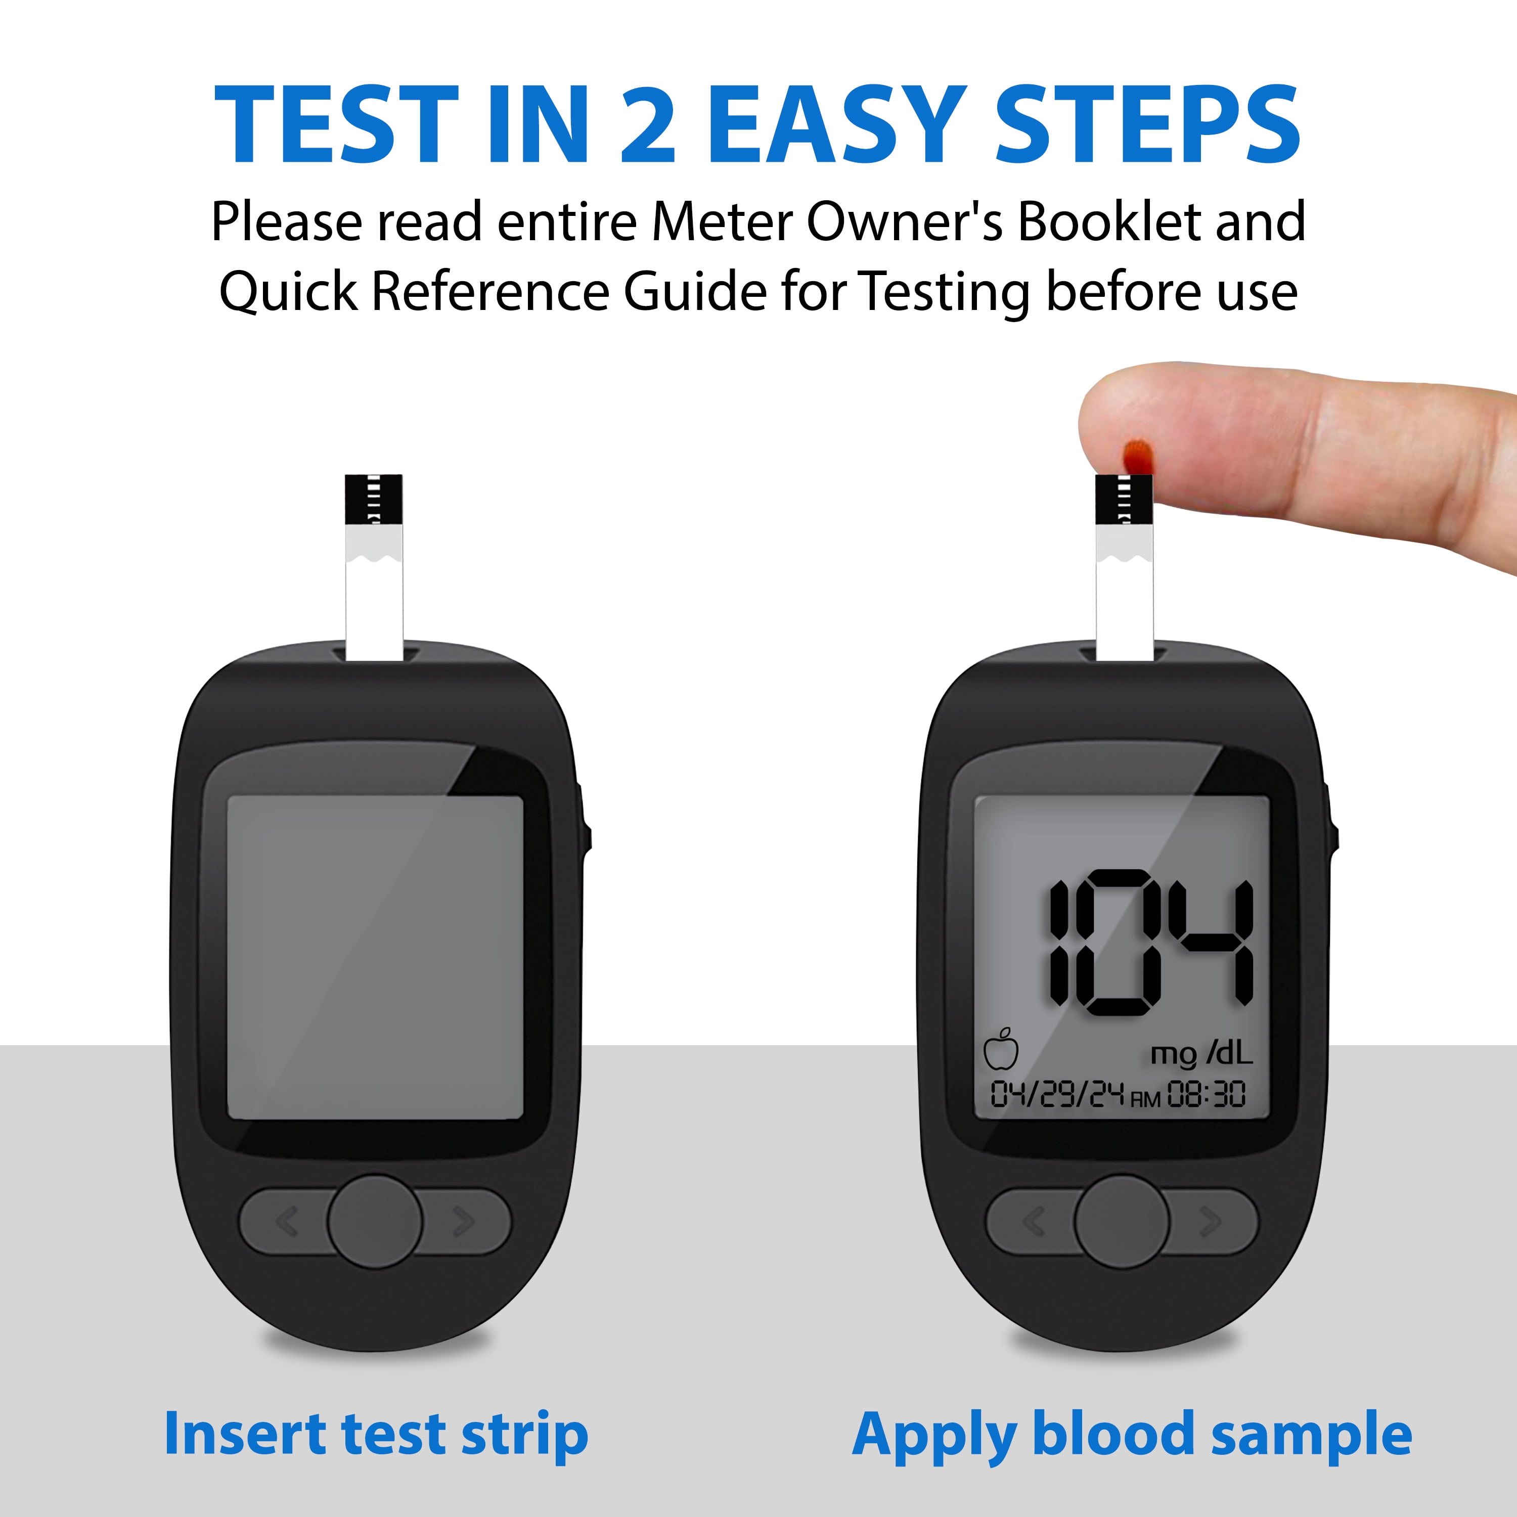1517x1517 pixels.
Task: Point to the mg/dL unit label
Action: click(1201, 1054)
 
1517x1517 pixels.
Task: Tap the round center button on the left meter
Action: click(375, 1222)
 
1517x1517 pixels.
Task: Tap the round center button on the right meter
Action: click(1121, 1222)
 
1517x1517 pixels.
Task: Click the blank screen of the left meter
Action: click(375, 958)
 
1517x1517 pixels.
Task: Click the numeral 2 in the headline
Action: click(648, 125)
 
